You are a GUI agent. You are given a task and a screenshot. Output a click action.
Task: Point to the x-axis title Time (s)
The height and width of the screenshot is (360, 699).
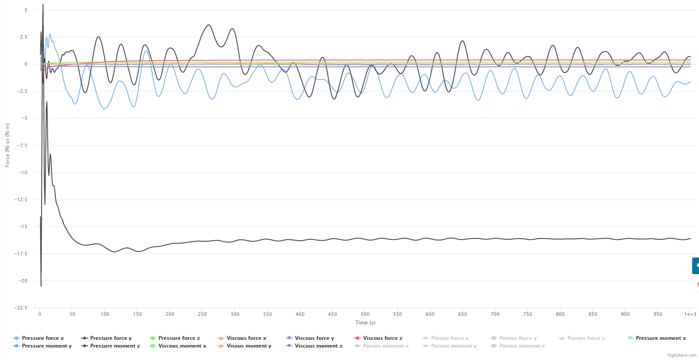coord(365,323)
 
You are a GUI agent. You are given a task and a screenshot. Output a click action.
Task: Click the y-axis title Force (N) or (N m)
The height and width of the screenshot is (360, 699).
coord(7,145)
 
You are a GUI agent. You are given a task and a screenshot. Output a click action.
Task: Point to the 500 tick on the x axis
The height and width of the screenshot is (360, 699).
coord(365,314)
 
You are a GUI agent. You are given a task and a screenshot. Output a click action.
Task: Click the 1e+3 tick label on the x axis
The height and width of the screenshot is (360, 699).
coord(690,314)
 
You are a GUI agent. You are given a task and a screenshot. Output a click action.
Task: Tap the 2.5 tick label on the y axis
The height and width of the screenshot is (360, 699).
coord(24,37)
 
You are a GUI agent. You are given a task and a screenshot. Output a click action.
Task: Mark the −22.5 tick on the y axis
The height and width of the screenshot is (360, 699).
coord(21,308)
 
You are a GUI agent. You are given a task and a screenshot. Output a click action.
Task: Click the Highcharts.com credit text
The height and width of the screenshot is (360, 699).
coord(682,355)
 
